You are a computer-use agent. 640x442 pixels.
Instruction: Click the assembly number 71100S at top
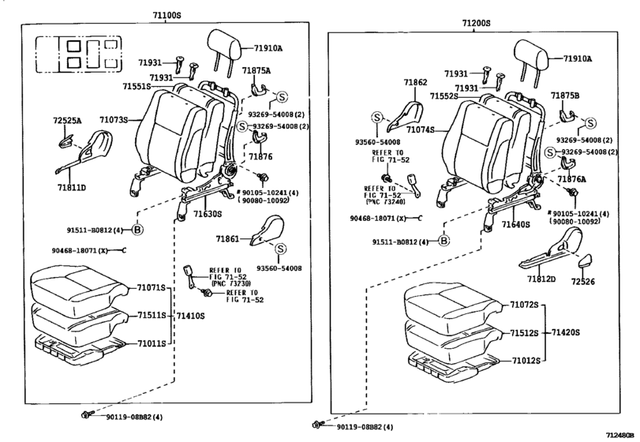pos(167,16)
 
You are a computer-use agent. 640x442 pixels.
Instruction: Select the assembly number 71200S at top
pos(477,23)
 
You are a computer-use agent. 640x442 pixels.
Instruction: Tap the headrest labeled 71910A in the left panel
pos(223,45)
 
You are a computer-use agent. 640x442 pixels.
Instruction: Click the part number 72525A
pos(67,121)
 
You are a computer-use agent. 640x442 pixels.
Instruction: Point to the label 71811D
pos(72,187)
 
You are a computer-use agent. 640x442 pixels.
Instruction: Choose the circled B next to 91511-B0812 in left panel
pos(138,230)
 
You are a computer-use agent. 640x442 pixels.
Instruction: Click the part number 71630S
pos(208,214)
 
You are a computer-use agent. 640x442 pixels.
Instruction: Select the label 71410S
pos(190,316)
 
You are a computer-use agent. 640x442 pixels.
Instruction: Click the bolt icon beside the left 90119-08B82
pos(87,414)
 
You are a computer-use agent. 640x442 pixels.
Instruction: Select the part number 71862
pos(416,82)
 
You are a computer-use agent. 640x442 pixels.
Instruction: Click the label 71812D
pos(541,279)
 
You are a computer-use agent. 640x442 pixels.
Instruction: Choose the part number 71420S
pos(565,332)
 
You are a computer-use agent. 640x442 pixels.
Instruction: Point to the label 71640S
pos(516,224)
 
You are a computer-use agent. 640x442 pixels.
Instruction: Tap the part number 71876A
pos(572,178)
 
